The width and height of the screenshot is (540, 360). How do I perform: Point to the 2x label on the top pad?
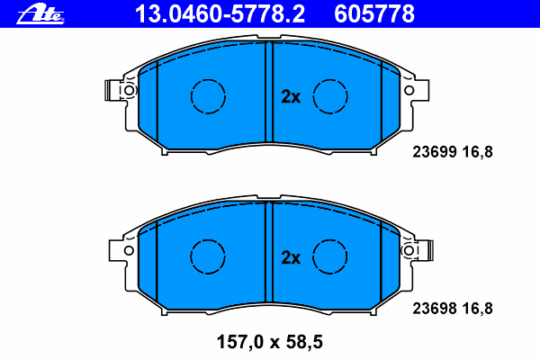pyautogui.click(x=290, y=97)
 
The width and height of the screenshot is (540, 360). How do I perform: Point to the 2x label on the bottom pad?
pyautogui.click(x=290, y=257)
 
